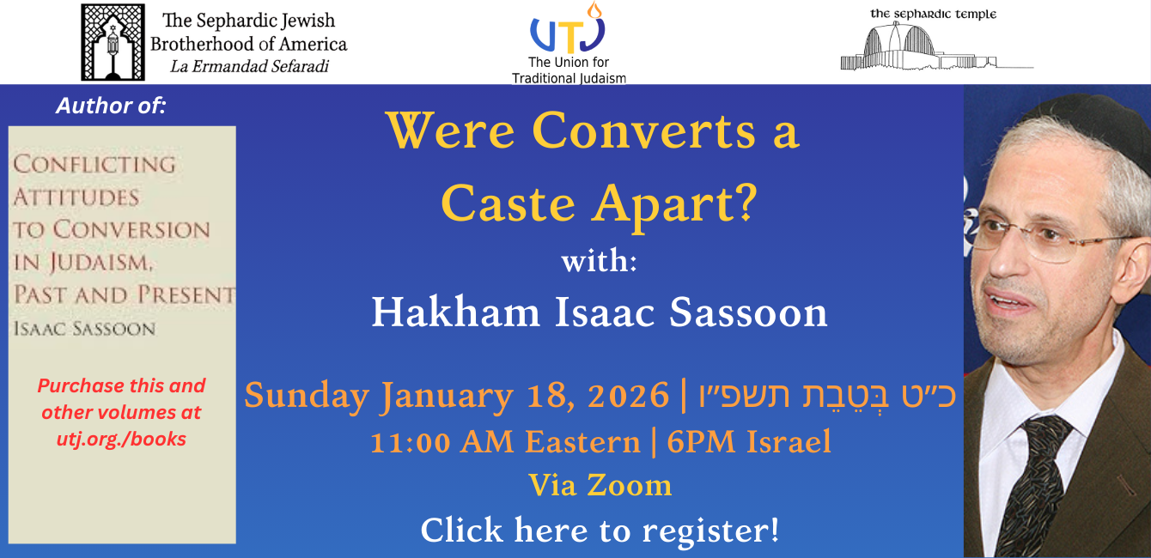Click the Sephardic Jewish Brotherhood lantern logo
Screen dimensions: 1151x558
click(x=113, y=42)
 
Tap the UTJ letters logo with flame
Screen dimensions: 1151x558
click(x=569, y=27)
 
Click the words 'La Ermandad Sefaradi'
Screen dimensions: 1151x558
click(x=250, y=67)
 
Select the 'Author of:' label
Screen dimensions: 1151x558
click(x=111, y=106)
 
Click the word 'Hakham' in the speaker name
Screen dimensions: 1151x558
click(x=455, y=312)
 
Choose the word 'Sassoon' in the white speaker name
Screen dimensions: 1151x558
click(x=748, y=312)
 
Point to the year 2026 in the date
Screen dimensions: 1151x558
click(x=629, y=396)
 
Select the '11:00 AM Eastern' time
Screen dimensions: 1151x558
click(x=505, y=442)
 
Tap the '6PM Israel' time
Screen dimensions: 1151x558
click(x=749, y=442)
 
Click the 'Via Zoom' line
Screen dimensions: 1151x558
click(x=600, y=485)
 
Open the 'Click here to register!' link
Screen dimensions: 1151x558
click(x=600, y=531)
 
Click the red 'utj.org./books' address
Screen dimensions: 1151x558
click(x=121, y=440)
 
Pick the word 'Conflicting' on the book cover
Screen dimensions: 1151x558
click(x=94, y=164)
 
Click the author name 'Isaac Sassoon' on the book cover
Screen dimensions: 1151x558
click(x=85, y=329)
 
